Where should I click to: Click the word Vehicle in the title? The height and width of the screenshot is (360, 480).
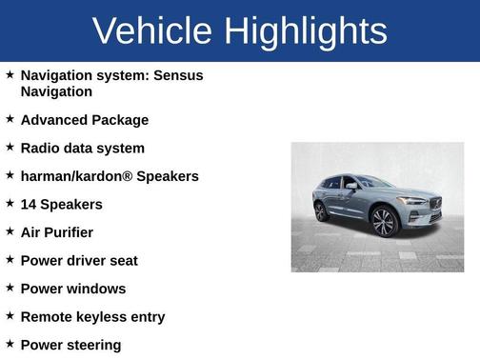click(x=152, y=31)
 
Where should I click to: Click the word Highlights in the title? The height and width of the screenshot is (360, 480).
click(x=306, y=31)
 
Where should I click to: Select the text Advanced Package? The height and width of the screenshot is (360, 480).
click(x=84, y=120)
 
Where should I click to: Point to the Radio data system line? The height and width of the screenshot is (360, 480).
click(x=82, y=148)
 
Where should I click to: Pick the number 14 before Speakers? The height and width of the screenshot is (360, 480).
click(x=29, y=204)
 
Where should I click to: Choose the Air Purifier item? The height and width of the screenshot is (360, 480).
click(x=56, y=231)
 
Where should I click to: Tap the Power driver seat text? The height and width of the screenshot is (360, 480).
click(x=78, y=260)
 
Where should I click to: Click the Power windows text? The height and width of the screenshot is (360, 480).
click(x=72, y=289)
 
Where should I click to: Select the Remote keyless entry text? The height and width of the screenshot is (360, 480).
click(x=92, y=316)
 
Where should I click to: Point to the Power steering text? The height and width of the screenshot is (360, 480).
click(x=70, y=345)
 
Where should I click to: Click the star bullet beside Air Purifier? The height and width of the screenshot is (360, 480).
click(x=10, y=230)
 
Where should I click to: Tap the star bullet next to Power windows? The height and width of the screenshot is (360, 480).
click(x=10, y=287)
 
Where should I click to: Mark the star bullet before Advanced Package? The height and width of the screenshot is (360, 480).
click(x=10, y=119)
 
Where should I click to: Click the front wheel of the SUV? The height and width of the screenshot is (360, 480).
click(x=383, y=223)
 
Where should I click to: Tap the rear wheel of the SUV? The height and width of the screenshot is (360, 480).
click(x=321, y=210)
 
